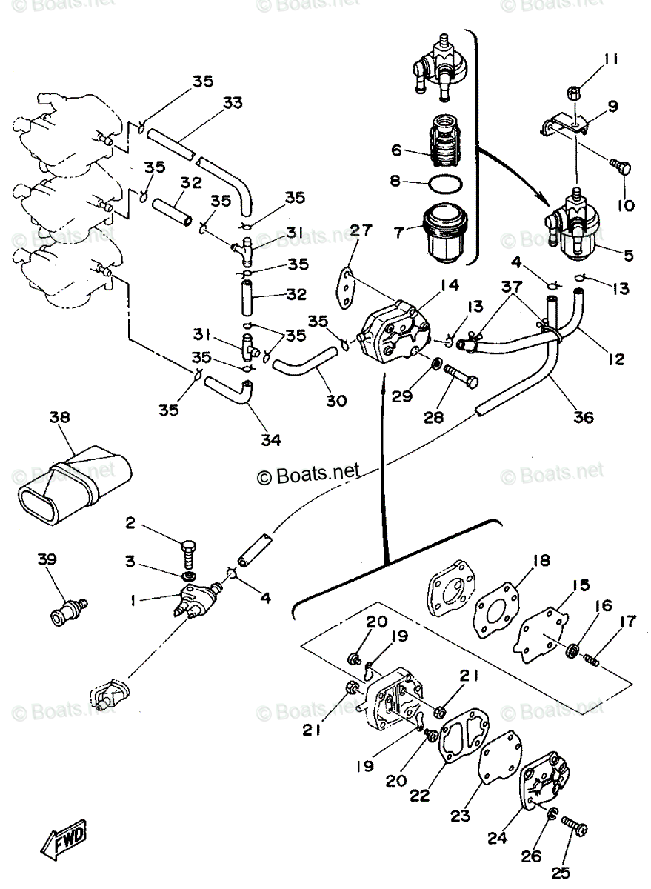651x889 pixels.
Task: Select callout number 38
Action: pyautogui.click(x=60, y=417)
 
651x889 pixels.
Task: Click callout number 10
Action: pyautogui.click(x=626, y=204)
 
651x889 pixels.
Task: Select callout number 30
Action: pyautogui.click(x=335, y=400)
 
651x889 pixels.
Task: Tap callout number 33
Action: pyautogui.click(x=233, y=104)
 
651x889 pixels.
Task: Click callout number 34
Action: pyautogui.click(x=271, y=439)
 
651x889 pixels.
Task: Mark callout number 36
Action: pyautogui.click(x=583, y=417)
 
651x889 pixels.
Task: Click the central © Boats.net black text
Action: pyautogui.click(x=307, y=473)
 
